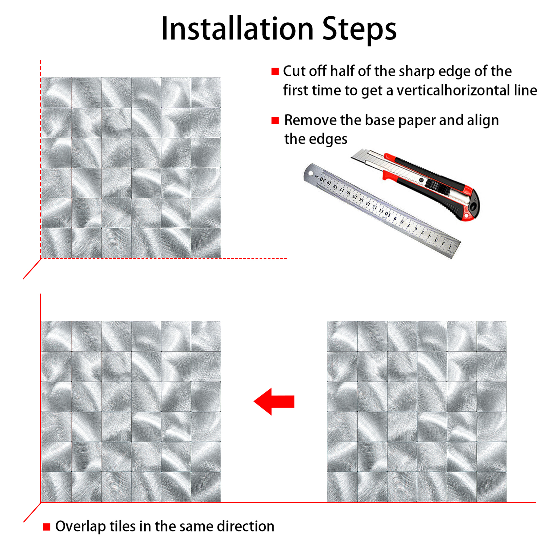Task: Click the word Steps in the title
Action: coord(359,30)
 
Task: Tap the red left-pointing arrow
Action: coord(274,401)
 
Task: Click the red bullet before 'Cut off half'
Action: coord(275,71)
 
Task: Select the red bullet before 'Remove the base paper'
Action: coord(275,120)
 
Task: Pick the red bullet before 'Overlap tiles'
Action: coord(46,527)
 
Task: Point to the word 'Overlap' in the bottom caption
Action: coord(80,527)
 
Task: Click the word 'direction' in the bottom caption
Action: coord(246,526)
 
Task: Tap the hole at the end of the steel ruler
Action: coord(311,174)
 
